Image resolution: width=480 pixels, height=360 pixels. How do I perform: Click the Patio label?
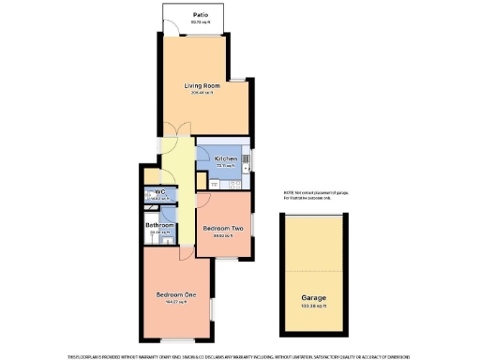[x=201, y=15]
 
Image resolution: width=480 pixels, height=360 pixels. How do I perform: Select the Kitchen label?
[x=225, y=159]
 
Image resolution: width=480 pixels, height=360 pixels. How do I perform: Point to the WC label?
[x=159, y=192]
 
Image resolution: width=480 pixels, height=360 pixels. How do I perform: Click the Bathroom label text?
[x=159, y=225]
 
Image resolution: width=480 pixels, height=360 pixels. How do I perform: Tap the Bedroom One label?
[x=177, y=295]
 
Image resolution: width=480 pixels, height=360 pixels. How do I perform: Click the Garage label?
[x=313, y=297]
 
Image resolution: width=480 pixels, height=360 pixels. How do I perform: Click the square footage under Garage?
[x=313, y=306]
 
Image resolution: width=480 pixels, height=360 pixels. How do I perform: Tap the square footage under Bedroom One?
[x=177, y=303]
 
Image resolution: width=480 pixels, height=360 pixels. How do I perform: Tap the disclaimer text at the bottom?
[x=240, y=355]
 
